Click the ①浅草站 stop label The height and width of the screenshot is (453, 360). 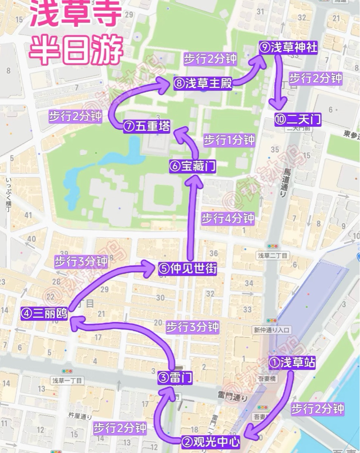(x=292, y=363)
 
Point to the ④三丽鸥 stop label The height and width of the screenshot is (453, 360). (x=44, y=314)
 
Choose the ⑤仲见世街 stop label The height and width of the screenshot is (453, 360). (x=188, y=268)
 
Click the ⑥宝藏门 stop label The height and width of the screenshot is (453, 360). (x=193, y=166)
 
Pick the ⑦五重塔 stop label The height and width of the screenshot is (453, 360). (x=147, y=126)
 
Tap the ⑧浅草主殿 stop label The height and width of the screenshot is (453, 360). (x=203, y=83)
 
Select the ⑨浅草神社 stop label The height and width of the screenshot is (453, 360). (x=288, y=48)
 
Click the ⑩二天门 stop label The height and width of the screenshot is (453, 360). (x=298, y=120)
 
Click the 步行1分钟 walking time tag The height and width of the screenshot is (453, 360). (x=229, y=140)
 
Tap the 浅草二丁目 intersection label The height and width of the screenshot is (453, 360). (x=272, y=256)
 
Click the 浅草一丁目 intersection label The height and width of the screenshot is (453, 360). (x=68, y=380)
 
